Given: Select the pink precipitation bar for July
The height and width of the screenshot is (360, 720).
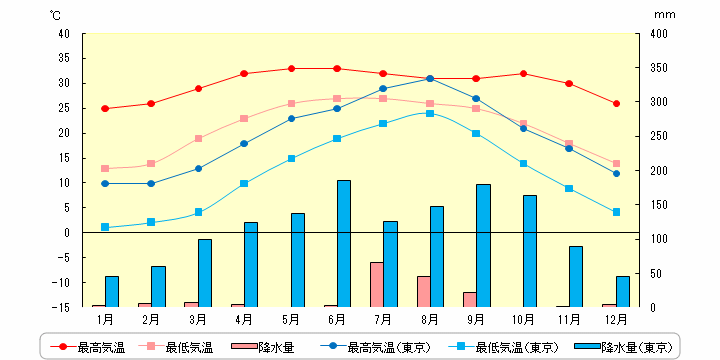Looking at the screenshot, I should [377, 284].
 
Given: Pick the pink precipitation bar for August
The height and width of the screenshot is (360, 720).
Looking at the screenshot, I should [424, 291].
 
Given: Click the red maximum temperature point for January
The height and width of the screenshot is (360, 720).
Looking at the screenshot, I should [105, 108].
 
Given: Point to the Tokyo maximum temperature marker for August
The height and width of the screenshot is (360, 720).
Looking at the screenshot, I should [430, 78].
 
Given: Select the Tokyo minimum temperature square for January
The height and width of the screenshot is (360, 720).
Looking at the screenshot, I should [105, 227].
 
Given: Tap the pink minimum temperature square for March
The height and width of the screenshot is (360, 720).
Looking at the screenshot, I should [198, 138].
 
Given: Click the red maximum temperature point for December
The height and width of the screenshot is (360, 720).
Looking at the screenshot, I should [616, 103].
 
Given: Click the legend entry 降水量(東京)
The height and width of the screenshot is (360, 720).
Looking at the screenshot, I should [626, 347].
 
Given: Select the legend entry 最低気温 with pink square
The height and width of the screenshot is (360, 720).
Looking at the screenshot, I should [180, 347].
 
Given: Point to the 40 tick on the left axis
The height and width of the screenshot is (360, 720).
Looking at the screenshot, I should [63, 33].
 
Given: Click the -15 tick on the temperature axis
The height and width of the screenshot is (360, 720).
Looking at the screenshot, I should [61, 307].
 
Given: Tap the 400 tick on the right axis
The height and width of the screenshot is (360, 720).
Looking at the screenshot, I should [657, 33].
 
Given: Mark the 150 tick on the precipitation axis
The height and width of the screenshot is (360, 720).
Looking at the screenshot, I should [657, 204].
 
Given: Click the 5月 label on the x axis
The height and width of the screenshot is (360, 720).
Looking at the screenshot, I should [291, 319].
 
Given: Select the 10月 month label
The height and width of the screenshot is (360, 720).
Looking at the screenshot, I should [523, 319].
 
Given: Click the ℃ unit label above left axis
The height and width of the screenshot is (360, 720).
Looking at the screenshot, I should [54, 15].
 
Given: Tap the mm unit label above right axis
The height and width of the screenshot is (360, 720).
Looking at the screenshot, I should [665, 15].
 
